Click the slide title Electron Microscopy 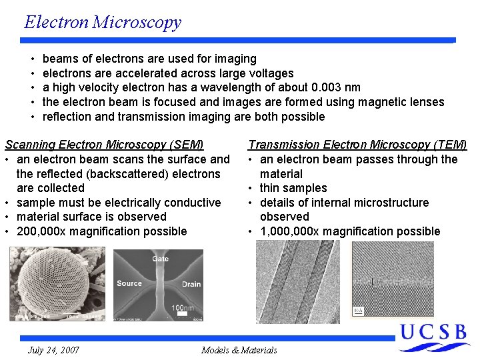tap(103, 22)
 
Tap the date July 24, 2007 tap(53, 350)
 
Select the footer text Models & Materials tap(239, 350)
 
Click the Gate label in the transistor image tap(160, 259)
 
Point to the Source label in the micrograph tap(129, 283)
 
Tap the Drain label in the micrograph tap(191, 284)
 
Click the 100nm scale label tap(182, 308)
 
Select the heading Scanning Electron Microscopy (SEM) tap(104, 145)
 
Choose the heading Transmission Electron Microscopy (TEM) tap(357, 145)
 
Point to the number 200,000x tap(43, 231)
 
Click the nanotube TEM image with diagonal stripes tap(297, 281)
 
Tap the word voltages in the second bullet tap(269, 73)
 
